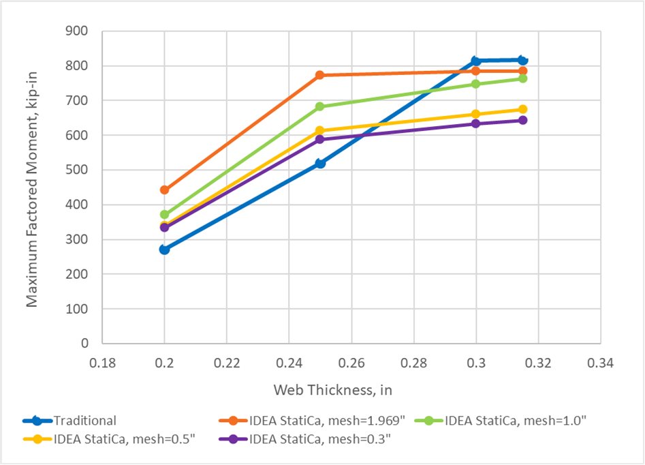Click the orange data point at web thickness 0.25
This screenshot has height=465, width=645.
(320, 75)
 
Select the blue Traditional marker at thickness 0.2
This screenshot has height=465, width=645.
(164, 250)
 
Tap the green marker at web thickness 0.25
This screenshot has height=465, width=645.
(320, 106)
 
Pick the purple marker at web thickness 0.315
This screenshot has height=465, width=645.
(522, 120)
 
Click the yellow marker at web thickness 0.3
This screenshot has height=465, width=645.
(476, 114)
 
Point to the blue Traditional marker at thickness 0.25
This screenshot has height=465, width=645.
(320, 164)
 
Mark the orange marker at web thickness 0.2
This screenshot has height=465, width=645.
(164, 190)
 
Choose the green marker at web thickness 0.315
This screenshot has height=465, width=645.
(522, 78)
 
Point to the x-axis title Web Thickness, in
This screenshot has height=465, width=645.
(333, 390)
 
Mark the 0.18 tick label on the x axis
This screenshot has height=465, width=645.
(102, 363)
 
